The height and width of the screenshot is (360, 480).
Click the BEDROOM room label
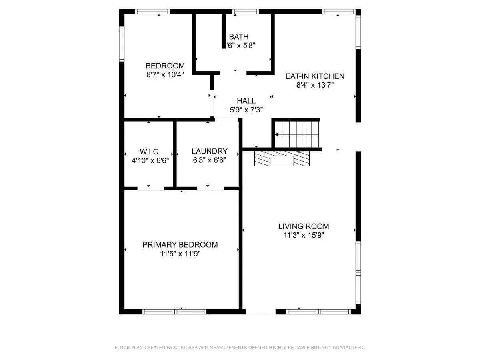point(165,66)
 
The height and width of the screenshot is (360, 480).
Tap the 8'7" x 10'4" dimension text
point(165,75)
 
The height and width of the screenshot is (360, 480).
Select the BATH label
point(238,36)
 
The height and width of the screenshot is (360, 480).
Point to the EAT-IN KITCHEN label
point(315,76)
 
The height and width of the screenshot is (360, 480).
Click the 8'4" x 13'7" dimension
point(315,85)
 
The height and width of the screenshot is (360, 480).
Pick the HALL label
point(246,101)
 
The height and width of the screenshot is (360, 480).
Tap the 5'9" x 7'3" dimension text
point(246,110)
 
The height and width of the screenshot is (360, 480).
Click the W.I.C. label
point(150,152)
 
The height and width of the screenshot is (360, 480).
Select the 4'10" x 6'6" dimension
point(150,161)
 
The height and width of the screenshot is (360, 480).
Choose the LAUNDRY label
point(210,151)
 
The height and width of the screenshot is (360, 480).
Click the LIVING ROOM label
point(304,226)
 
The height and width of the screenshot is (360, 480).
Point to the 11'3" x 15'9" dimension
point(304,235)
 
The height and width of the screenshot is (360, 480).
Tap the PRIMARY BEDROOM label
point(180,244)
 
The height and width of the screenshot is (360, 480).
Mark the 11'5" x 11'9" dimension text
point(180,254)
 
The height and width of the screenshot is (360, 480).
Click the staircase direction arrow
point(277,134)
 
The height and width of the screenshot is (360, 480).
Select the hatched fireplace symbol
point(282,158)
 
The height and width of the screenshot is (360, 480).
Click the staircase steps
point(297,134)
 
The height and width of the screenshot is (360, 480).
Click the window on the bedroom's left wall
point(122,44)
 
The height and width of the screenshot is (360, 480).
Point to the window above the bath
point(245,12)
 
